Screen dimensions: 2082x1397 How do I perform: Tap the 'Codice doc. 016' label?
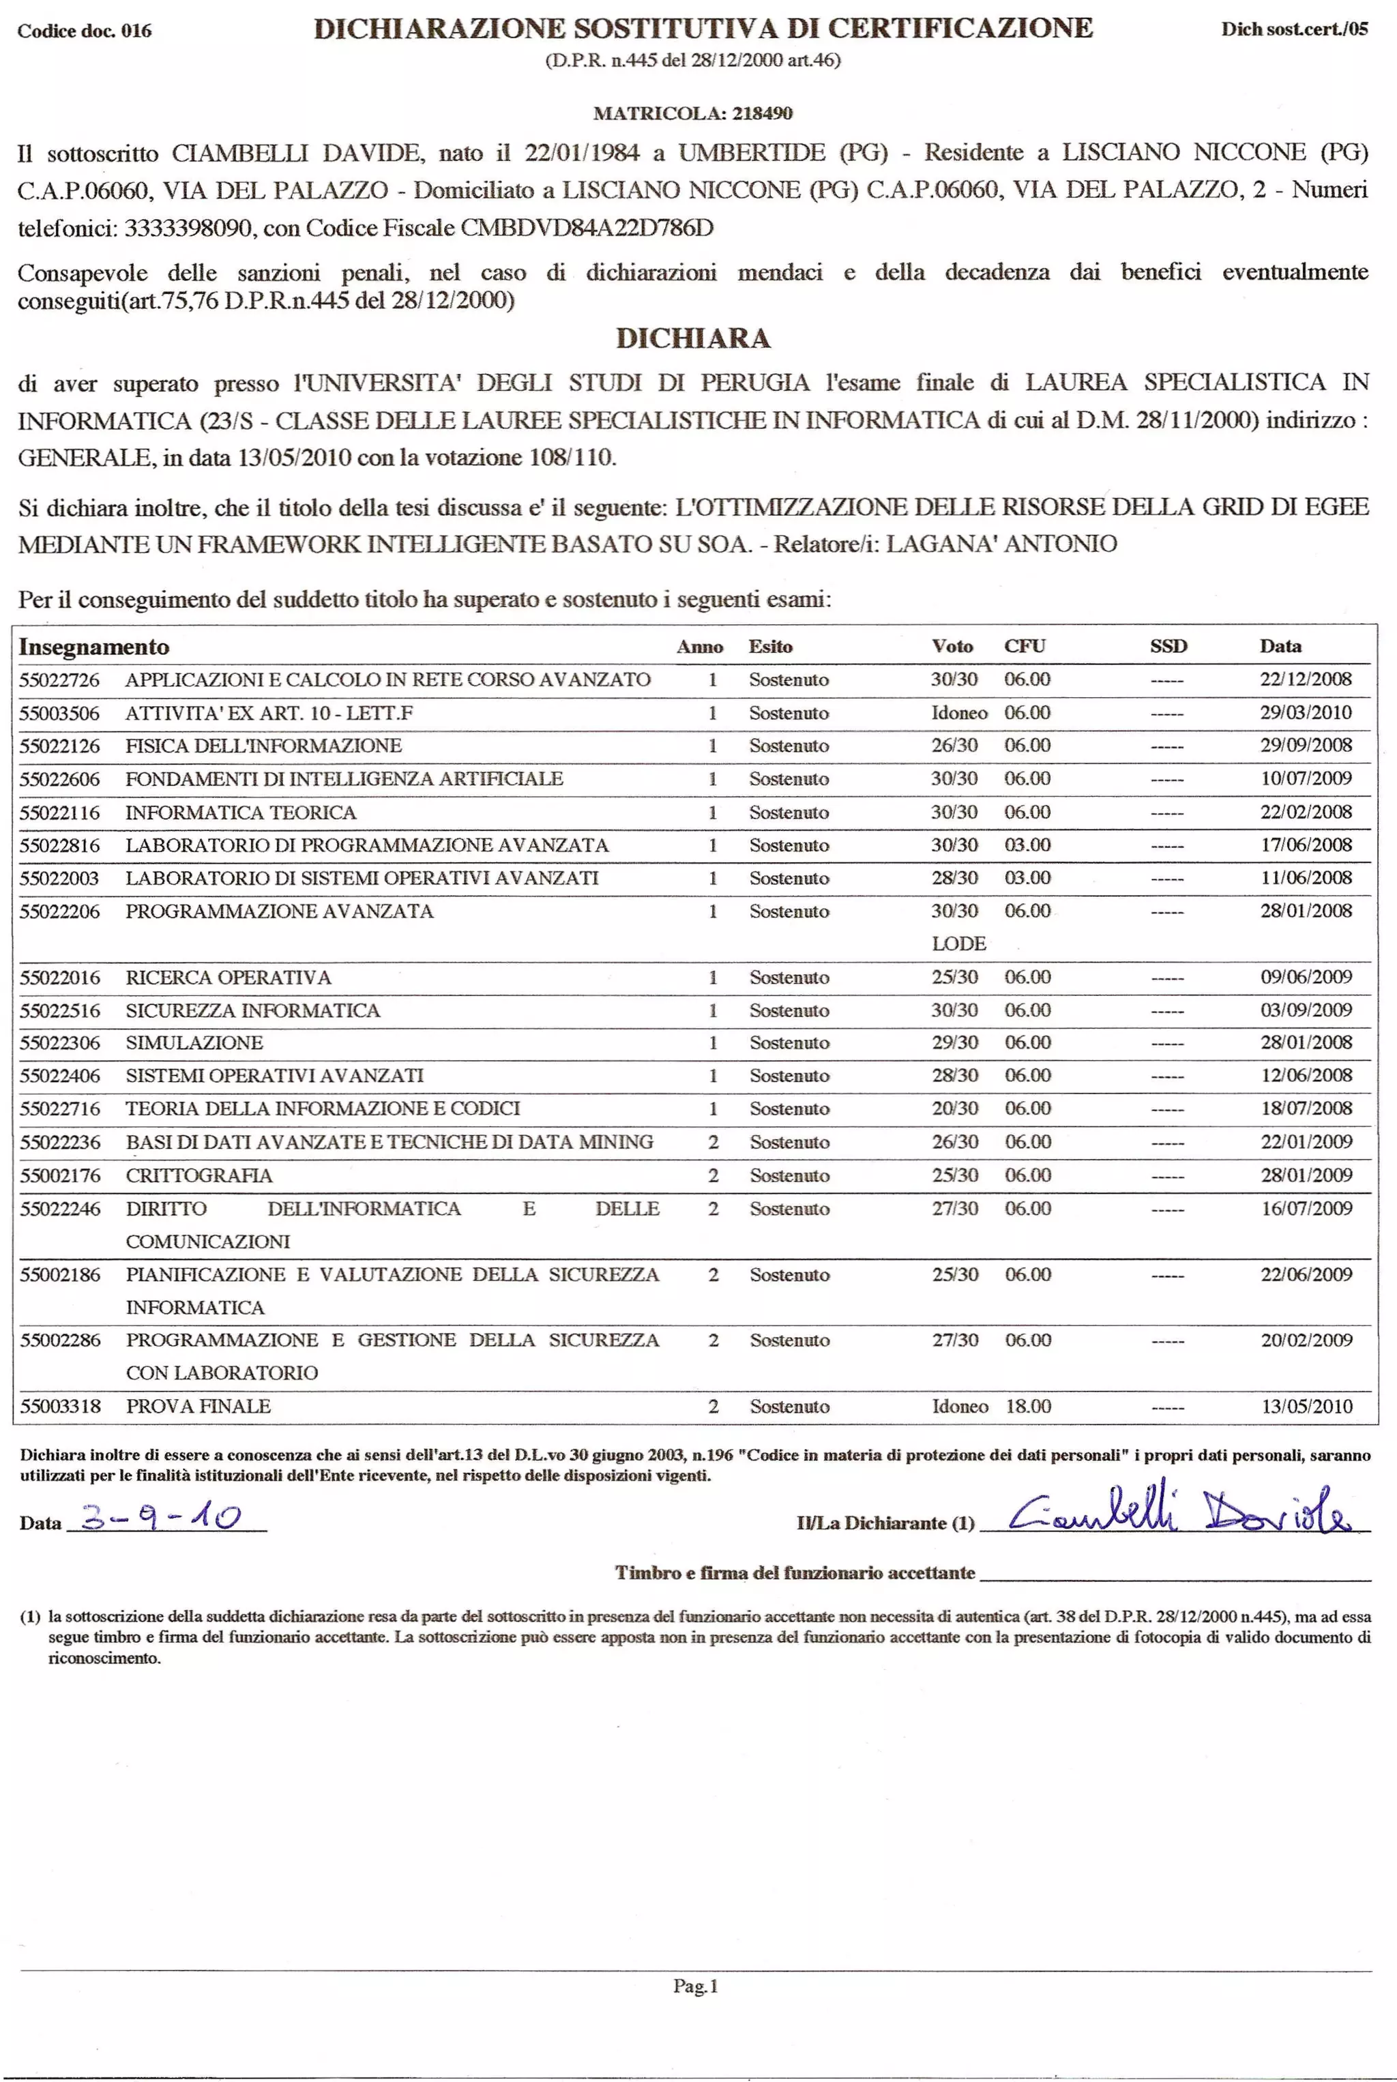[85, 30]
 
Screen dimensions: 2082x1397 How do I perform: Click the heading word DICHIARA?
[693, 338]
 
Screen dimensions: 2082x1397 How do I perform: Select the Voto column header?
[952, 646]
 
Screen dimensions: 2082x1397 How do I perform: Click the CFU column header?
[1025, 646]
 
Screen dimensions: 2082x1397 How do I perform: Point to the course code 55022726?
[60, 679]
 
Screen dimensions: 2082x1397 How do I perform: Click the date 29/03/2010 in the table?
[1305, 713]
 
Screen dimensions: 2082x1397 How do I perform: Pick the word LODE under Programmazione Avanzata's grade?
[958, 943]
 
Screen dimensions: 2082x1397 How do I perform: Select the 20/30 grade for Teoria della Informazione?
[954, 1109]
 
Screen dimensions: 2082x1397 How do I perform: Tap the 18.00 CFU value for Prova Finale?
[1028, 1406]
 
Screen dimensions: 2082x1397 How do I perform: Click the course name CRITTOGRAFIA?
[198, 1175]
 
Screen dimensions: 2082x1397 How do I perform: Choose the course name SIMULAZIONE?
[194, 1042]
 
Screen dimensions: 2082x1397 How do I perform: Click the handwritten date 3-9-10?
[160, 1517]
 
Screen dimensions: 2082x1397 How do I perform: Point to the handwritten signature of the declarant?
[1181, 1512]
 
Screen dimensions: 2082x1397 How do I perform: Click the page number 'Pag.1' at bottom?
[695, 1986]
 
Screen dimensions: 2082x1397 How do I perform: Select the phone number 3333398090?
[187, 228]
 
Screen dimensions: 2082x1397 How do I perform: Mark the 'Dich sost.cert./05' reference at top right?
[1293, 29]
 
